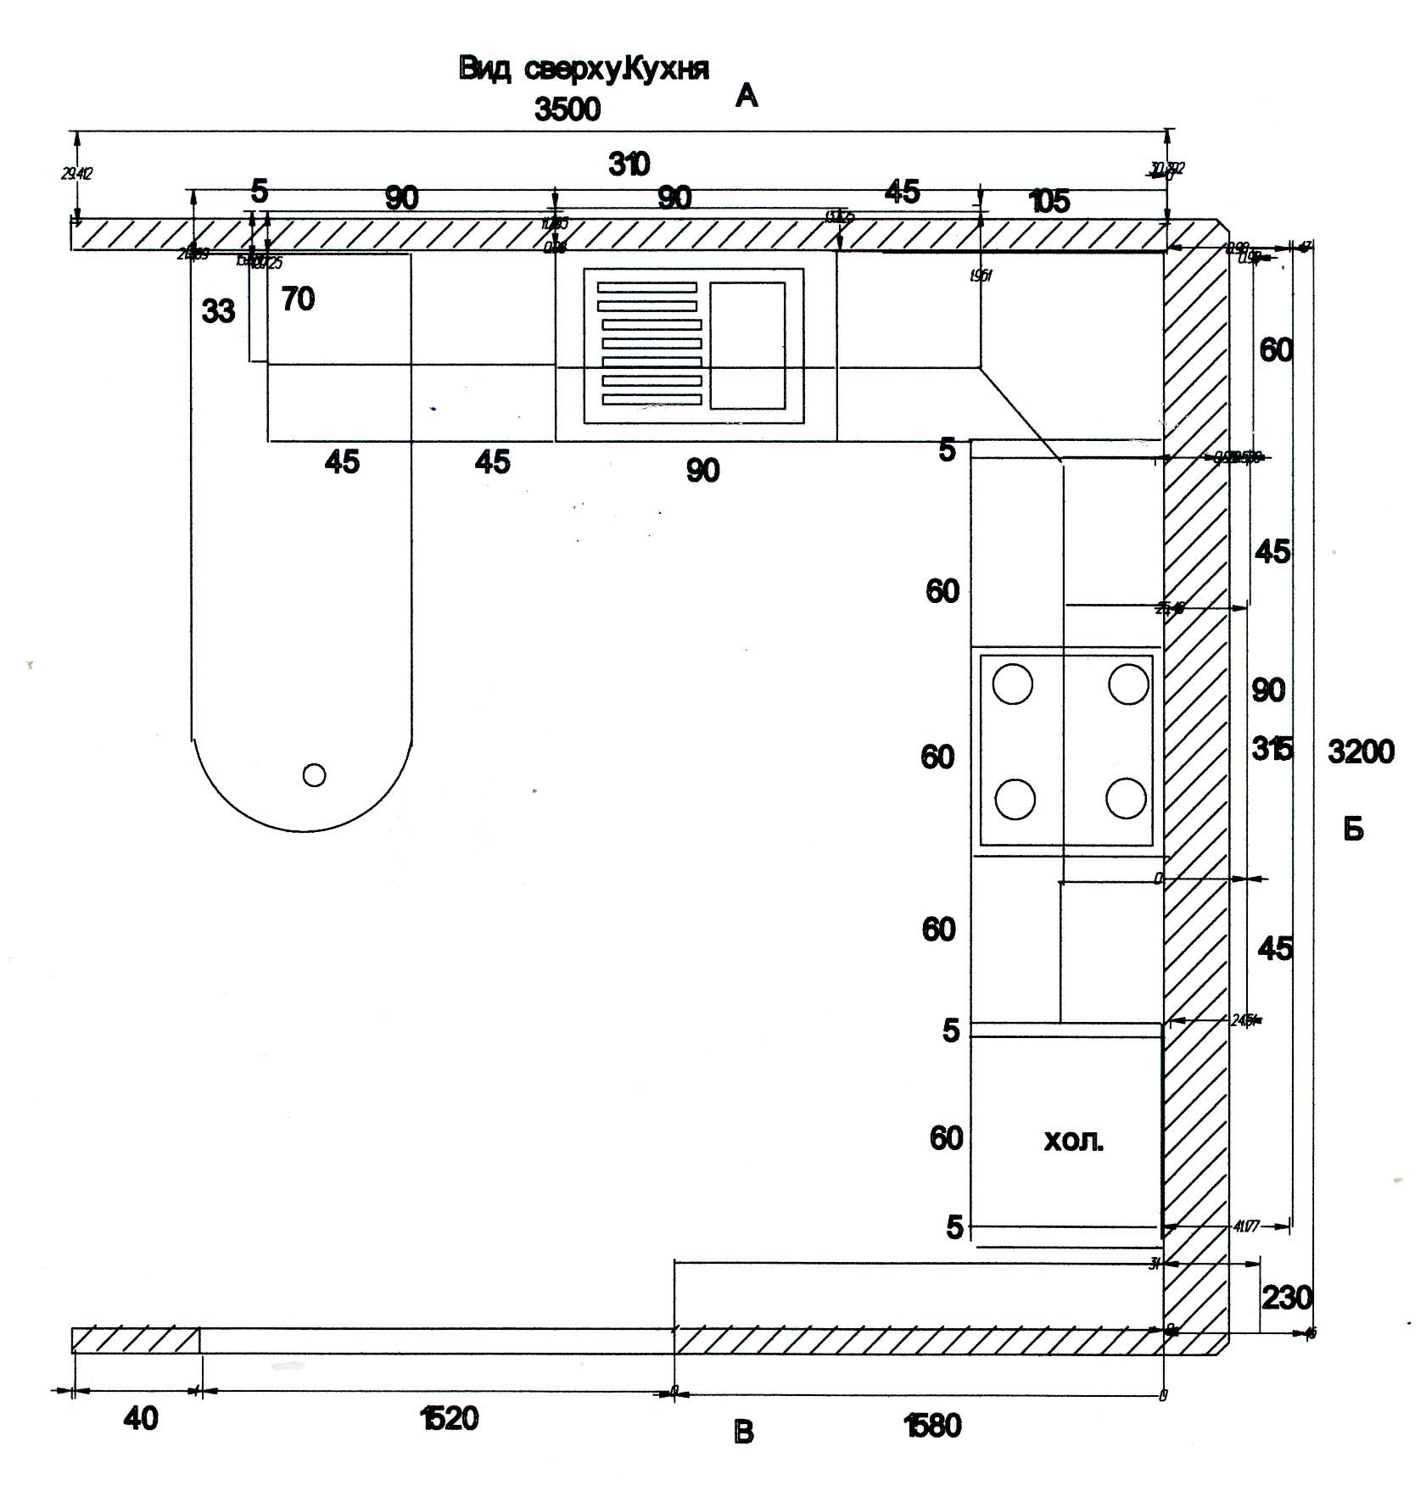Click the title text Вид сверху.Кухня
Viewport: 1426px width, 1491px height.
(x=583, y=69)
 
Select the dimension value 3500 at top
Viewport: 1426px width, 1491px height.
(x=567, y=109)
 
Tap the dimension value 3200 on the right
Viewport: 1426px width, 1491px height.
(x=1360, y=751)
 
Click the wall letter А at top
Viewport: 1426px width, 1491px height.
(x=746, y=96)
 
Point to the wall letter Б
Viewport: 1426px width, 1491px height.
(x=1353, y=829)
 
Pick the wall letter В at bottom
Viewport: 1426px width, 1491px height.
(x=743, y=1432)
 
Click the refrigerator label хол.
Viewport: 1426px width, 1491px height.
(x=1073, y=1141)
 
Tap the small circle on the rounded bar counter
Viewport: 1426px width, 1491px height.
(x=314, y=774)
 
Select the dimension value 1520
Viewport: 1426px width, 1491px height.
(x=449, y=1418)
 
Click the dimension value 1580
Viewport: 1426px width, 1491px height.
(x=933, y=1426)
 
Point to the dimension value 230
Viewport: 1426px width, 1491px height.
(x=1287, y=1297)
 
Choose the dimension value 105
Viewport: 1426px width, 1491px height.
(x=1049, y=202)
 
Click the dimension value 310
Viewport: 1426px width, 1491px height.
(x=629, y=163)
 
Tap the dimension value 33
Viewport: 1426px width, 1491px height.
(x=218, y=311)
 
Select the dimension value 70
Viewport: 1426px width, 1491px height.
(x=297, y=299)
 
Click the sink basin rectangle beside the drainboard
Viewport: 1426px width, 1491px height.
(x=747, y=345)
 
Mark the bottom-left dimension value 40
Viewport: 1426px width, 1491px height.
(x=141, y=1418)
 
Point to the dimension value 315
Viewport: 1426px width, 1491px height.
(x=1272, y=749)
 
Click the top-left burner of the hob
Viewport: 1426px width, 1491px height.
(x=1013, y=684)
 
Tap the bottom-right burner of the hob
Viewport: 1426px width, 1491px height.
(x=1127, y=798)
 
